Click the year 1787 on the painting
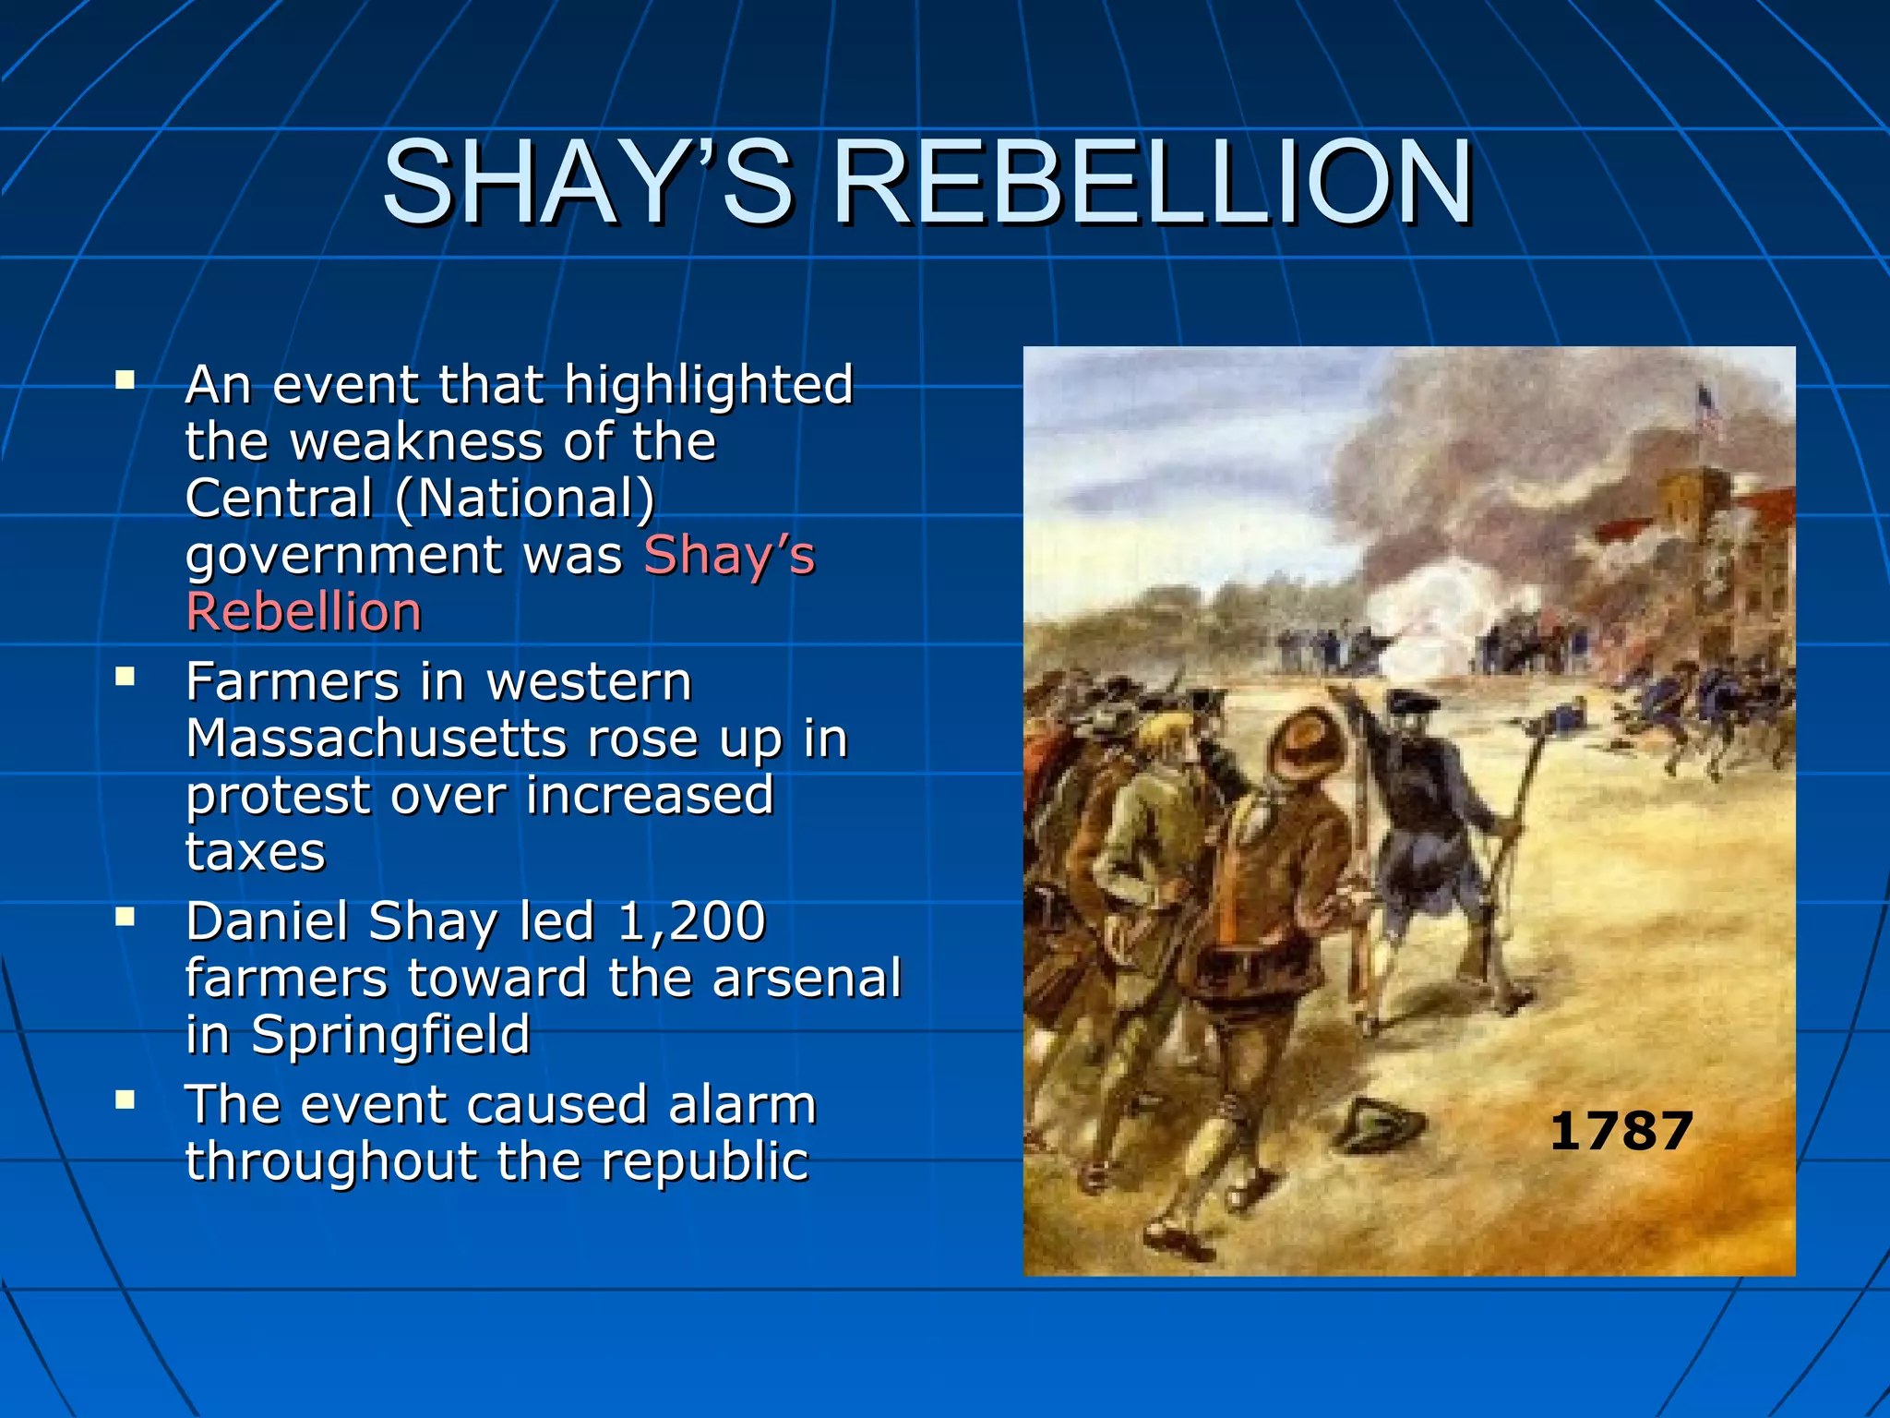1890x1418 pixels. point(1621,1131)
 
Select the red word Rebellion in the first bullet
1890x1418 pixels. point(304,612)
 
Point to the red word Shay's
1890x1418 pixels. point(729,556)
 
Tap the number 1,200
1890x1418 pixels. point(691,921)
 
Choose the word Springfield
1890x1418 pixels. point(391,1035)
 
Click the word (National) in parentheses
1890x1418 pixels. point(525,499)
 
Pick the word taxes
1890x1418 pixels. point(256,852)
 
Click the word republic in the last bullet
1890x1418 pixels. point(705,1161)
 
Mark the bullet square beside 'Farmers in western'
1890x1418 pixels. point(126,679)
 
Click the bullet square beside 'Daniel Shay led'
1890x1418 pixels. point(126,918)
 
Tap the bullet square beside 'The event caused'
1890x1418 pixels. point(126,1100)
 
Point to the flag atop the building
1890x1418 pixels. point(1708,412)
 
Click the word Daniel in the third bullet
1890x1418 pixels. point(268,921)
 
